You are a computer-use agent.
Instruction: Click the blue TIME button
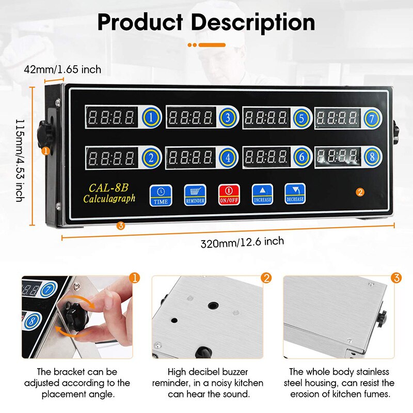(x=160, y=195)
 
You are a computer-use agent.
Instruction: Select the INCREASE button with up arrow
(x=262, y=195)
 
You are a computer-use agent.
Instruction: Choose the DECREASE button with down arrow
(x=295, y=195)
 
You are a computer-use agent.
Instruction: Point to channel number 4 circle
(x=228, y=158)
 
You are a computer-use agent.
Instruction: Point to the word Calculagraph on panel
(x=109, y=199)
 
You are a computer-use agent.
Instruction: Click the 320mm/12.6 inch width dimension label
(x=242, y=241)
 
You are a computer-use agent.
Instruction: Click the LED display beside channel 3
(x=190, y=118)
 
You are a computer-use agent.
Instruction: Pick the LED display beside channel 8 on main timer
(x=338, y=155)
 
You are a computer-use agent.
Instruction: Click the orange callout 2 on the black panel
(x=360, y=192)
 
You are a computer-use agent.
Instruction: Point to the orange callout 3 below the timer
(x=120, y=225)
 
